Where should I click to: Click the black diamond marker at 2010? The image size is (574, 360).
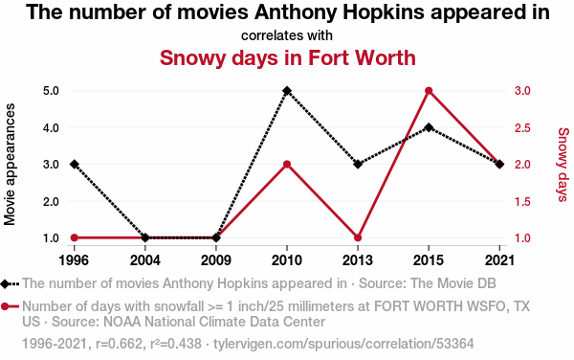[287, 90]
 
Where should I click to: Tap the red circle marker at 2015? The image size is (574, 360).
[429, 90]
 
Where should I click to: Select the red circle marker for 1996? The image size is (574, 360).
[75, 237]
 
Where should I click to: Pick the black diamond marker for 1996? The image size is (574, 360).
[75, 164]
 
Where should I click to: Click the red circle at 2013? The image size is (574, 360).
[358, 237]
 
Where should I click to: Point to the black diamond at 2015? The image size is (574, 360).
[429, 127]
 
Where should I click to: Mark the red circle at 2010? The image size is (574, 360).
[287, 164]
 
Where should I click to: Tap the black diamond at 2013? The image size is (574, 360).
[358, 164]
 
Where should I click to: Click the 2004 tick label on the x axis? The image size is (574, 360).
[145, 260]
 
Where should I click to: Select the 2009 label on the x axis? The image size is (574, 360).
[216, 260]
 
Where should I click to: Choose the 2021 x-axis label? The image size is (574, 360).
[499, 260]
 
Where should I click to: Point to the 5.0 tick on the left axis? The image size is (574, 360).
[51, 90]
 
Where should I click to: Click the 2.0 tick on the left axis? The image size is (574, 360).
[51, 201]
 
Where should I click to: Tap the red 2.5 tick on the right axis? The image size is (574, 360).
[522, 127]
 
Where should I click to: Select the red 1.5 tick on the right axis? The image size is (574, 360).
[522, 201]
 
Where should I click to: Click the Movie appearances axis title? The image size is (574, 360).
[10, 164]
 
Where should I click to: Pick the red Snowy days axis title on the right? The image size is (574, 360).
[563, 165]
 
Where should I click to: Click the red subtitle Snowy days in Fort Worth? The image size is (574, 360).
[288, 57]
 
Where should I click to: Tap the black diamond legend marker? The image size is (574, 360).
[5, 283]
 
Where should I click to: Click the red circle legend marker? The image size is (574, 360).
[5, 306]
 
